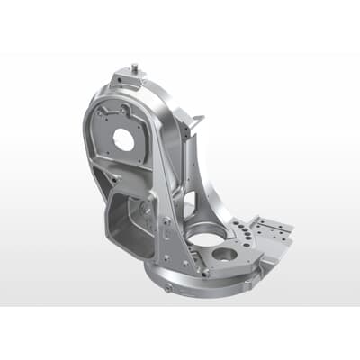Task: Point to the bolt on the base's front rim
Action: click(168, 289)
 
